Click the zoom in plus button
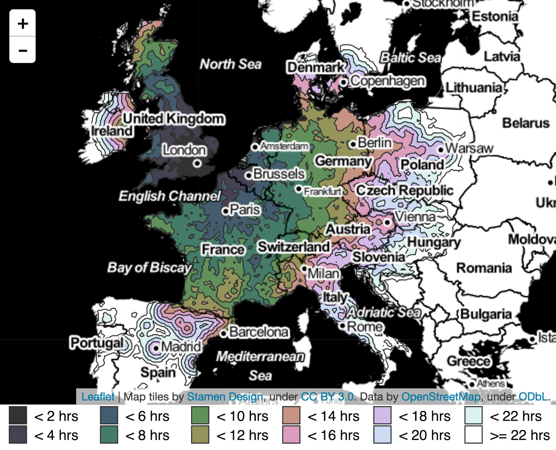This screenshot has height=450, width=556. click(23, 23)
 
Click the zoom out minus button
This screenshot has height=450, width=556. click(23, 50)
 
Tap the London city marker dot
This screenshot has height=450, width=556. click(197, 164)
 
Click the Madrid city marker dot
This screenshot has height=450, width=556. click(156, 348)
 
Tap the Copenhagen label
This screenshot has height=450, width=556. click(388, 81)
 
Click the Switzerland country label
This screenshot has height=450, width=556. click(294, 247)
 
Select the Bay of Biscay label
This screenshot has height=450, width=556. click(150, 267)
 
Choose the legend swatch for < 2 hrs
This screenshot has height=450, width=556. click(18, 415)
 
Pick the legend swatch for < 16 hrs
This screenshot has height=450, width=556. click(291, 434)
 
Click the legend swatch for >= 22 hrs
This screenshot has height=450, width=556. click(473, 434)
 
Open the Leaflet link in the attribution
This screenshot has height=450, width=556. click(98, 397)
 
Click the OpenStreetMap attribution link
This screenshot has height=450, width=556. click(441, 397)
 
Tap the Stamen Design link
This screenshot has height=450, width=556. click(225, 397)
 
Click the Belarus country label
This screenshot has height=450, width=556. click(526, 123)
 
